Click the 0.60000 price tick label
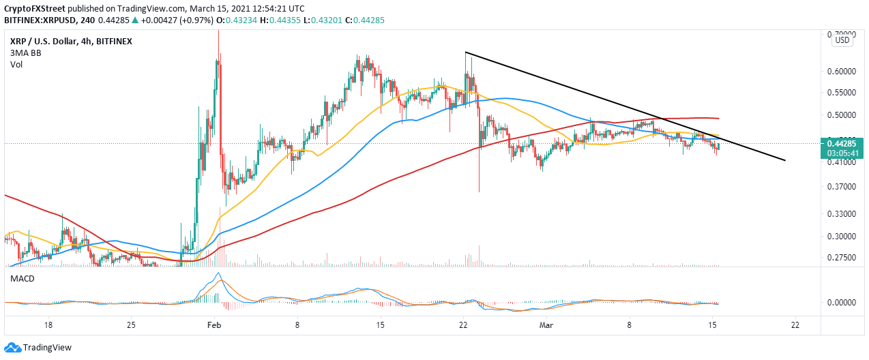(x=844, y=71)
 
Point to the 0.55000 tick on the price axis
(x=844, y=93)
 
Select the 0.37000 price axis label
(x=844, y=187)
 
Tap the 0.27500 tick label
(x=844, y=258)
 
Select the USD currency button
(x=842, y=40)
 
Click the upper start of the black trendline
(x=465, y=52)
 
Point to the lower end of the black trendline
(x=786, y=161)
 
